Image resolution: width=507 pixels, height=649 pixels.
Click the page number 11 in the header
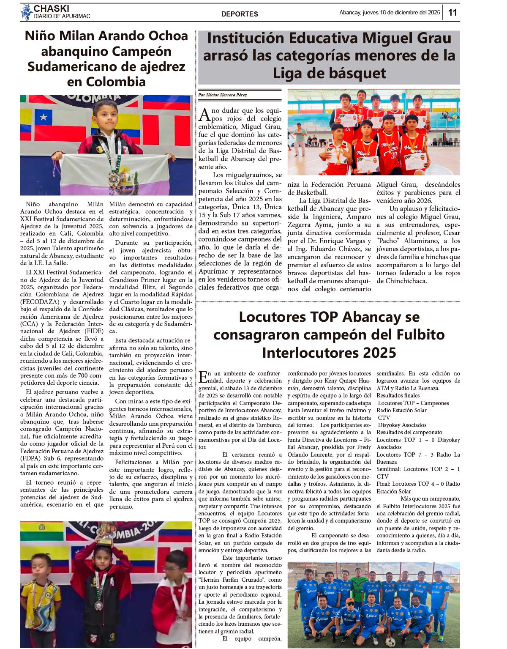tap(452, 12)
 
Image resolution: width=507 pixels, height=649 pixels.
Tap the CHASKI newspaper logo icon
tap(26, 12)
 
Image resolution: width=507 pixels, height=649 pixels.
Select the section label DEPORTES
tap(240, 14)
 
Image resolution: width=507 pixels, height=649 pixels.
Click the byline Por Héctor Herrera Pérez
tap(223, 95)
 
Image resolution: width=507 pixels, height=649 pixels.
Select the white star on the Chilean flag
tap(43, 117)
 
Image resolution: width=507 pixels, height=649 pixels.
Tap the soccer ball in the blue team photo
tap(391, 642)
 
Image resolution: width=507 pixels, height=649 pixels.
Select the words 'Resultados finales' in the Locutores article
tap(398, 395)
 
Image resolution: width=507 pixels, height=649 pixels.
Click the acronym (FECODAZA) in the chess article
tap(38, 302)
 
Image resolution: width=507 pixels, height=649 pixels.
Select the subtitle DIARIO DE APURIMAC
tap(62, 16)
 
